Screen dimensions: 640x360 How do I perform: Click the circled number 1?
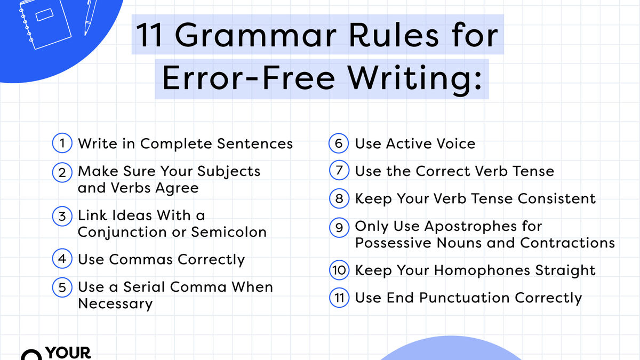(x=62, y=143)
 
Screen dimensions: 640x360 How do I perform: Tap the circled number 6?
(x=339, y=143)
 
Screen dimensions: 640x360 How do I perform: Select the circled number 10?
(x=339, y=270)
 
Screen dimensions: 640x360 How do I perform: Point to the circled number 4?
(x=62, y=259)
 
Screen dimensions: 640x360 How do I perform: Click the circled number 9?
(x=339, y=228)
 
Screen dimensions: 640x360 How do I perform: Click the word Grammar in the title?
(x=255, y=36)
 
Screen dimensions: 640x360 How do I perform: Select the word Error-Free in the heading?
(x=249, y=78)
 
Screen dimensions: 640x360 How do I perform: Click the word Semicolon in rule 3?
(x=229, y=232)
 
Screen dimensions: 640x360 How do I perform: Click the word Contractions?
(x=567, y=243)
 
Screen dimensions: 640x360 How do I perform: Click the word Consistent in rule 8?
(x=557, y=198)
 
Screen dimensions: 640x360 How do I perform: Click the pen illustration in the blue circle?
(x=91, y=18)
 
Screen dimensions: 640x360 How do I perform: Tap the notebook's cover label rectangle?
(x=45, y=14)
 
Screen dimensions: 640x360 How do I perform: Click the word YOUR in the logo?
(x=68, y=353)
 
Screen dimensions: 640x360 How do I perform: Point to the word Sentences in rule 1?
(x=255, y=143)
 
